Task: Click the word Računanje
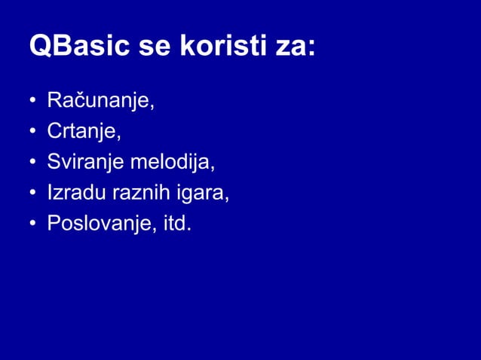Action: pos(100,101)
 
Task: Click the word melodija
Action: pos(174,163)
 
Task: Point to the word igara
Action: pos(201,194)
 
